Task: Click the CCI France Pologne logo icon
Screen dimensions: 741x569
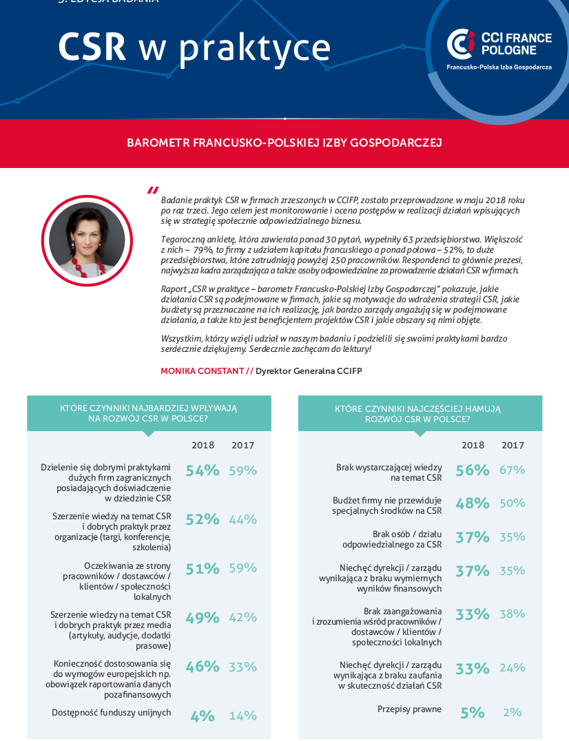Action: (x=460, y=44)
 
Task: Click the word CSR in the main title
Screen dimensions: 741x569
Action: (x=92, y=47)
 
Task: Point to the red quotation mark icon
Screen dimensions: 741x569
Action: (x=153, y=191)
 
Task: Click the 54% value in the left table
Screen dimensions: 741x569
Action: (x=203, y=470)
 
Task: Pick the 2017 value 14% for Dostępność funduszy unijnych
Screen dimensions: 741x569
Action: (x=243, y=716)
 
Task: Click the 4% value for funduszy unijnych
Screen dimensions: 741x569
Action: (x=203, y=716)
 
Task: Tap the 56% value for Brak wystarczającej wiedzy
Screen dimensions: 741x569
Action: (x=473, y=470)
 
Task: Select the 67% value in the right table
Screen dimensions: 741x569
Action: (x=513, y=470)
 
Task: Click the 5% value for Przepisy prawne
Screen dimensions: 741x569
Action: (x=473, y=713)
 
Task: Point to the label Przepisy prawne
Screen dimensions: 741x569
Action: (x=409, y=709)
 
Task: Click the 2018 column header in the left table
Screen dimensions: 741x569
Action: (x=203, y=446)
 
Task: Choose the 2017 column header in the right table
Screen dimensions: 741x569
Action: (x=513, y=446)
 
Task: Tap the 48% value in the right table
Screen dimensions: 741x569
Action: (x=473, y=503)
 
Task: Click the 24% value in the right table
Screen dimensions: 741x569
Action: (x=513, y=667)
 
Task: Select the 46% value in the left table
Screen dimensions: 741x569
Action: (x=203, y=667)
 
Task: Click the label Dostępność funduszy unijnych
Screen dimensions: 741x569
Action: (x=112, y=713)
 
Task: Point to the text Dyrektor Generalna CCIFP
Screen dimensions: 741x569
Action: (x=309, y=370)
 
